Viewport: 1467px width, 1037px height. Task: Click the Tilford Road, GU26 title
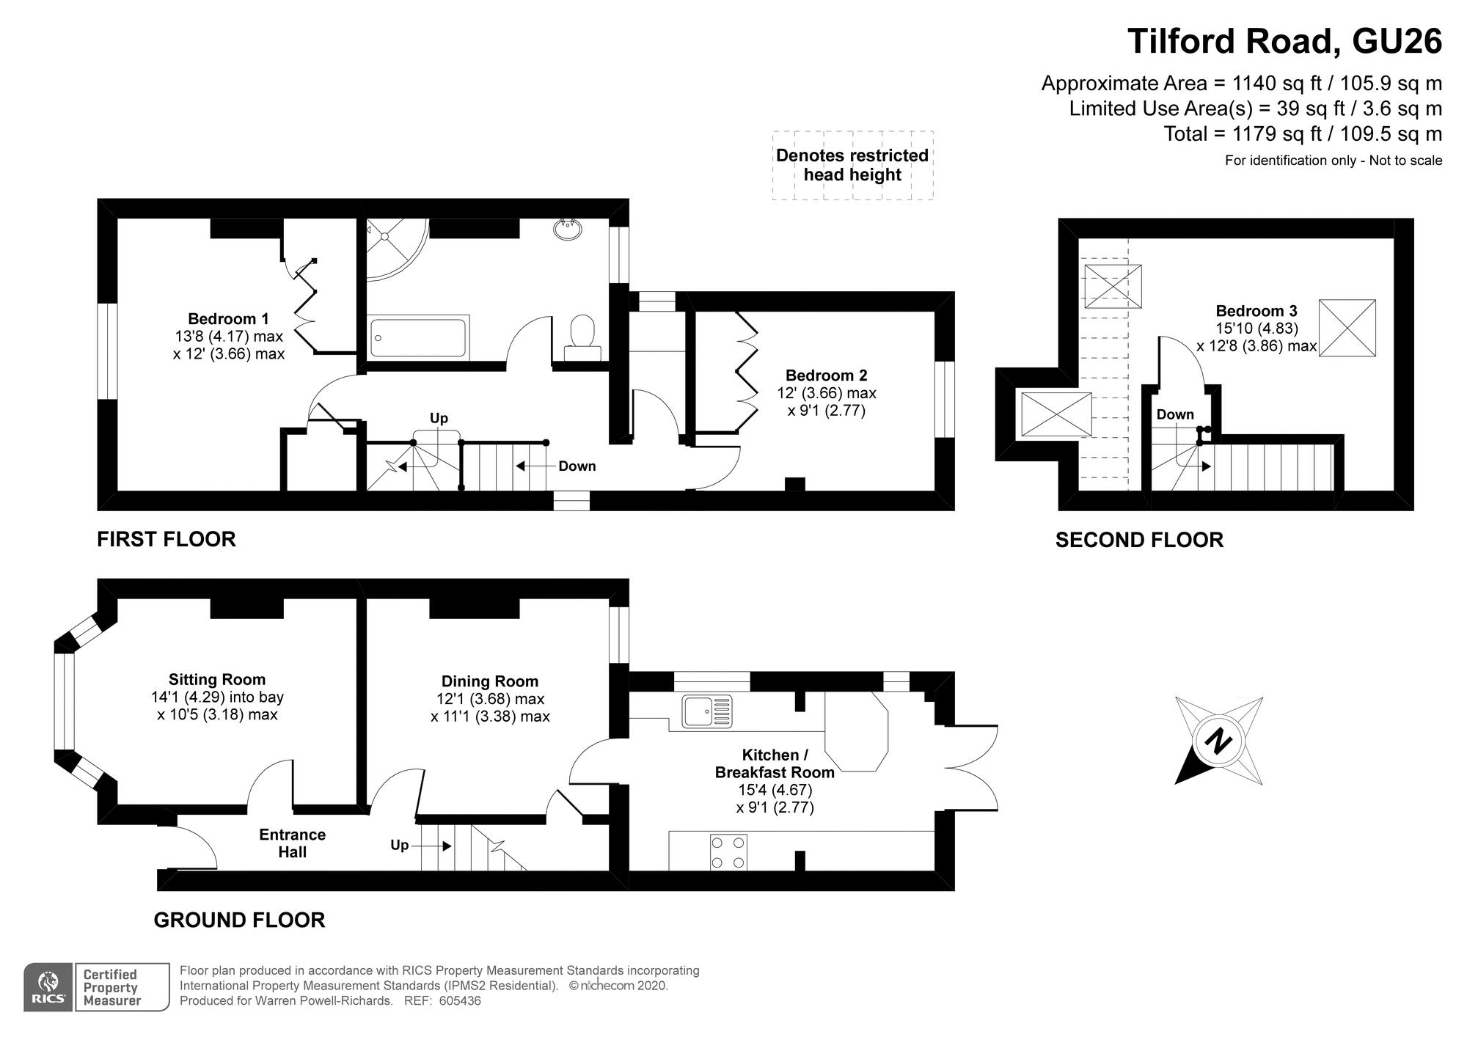[x=1284, y=42]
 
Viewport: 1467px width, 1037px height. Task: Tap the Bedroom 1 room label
[x=228, y=319]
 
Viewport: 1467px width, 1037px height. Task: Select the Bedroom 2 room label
[x=826, y=375]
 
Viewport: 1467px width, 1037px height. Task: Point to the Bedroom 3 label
[x=1256, y=311]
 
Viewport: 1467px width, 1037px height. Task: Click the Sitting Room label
[x=217, y=680]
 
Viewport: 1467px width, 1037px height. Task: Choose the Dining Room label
[x=489, y=681]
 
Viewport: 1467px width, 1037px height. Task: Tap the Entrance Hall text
[x=292, y=843]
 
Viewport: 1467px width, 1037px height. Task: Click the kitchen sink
[x=707, y=711]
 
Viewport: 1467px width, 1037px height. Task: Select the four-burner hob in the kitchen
[x=728, y=852]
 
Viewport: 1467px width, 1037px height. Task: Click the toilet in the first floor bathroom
[x=583, y=337]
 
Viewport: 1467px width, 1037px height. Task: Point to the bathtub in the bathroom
[x=419, y=337]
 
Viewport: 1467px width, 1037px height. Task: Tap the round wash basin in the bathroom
[x=568, y=229]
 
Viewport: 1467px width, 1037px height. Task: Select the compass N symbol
[x=1219, y=741]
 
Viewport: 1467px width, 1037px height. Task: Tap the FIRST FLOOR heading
[x=167, y=540]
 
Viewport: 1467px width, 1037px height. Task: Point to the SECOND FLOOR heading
[x=1139, y=541]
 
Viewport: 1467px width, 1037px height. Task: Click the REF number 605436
[x=461, y=1001]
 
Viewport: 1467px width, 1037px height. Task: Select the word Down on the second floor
[x=1175, y=415]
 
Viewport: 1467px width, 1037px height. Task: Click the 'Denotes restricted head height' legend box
[x=852, y=165]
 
